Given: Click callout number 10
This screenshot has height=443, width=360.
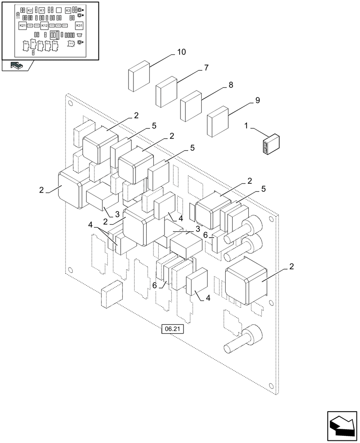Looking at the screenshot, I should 181,52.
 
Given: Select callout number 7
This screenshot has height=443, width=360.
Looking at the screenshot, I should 206,68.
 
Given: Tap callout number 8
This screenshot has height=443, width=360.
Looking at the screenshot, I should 231,85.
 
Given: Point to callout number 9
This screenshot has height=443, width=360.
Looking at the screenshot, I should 257,101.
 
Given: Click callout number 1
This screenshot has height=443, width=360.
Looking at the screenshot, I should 246,127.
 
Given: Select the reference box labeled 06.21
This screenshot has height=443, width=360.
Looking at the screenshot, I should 173,329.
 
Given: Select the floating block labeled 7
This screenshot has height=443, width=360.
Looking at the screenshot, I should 166,91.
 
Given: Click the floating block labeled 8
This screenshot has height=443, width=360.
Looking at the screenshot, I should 191,106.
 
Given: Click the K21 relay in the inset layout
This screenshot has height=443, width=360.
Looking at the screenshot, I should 23,26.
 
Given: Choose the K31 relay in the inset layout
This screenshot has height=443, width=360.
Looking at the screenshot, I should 79,26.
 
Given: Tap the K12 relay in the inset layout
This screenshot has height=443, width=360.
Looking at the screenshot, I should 44,26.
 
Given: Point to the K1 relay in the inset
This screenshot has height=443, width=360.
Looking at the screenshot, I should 42,10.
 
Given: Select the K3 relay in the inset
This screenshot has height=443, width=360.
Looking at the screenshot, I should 68,10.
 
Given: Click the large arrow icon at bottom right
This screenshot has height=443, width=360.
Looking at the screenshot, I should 341,425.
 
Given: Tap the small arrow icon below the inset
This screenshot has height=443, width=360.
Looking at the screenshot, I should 16,66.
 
